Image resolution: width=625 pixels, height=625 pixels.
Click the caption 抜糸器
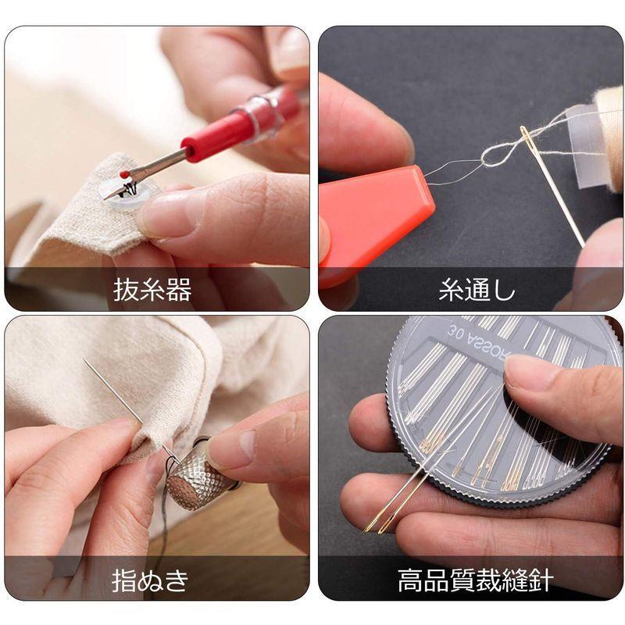(x=152, y=291)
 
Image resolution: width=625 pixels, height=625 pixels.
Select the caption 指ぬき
(x=151, y=580)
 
